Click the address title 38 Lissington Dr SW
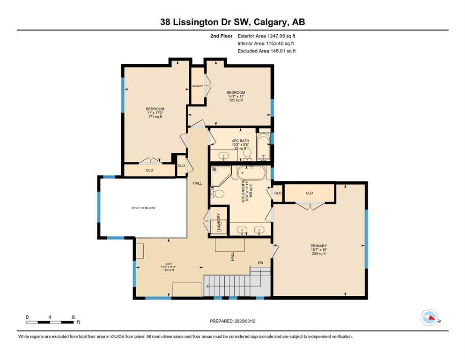(232, 22)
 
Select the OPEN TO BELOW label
(143, 208)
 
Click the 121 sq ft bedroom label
(236, 96)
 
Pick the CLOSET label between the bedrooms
(197, 86)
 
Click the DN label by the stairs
(260, 262)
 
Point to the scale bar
(50, 322)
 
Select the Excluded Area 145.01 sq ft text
(266, 51)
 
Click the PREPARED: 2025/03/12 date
(232, 321)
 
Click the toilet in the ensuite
(217, 193)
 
